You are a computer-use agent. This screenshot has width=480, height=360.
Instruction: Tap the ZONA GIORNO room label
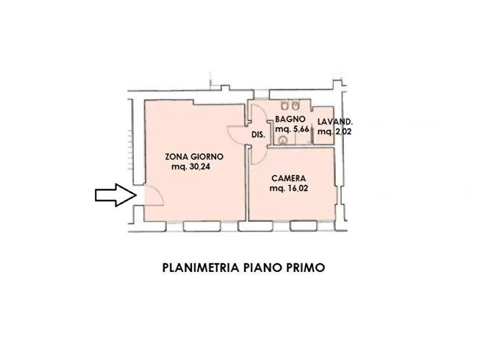click(x=194, y=157)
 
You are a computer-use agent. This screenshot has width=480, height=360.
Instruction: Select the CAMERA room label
click(x=289, y=178)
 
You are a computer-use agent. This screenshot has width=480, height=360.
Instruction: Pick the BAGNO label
click(x=290, y=119)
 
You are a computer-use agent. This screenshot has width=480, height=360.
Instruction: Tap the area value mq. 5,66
click(x=292, y=129)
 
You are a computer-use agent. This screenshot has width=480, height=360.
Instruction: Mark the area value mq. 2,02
click(x=334, y=131)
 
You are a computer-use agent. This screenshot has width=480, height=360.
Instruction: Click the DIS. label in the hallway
click(x=258, y=135)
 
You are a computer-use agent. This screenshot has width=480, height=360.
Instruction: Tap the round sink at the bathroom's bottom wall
click(x=283, y=140)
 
